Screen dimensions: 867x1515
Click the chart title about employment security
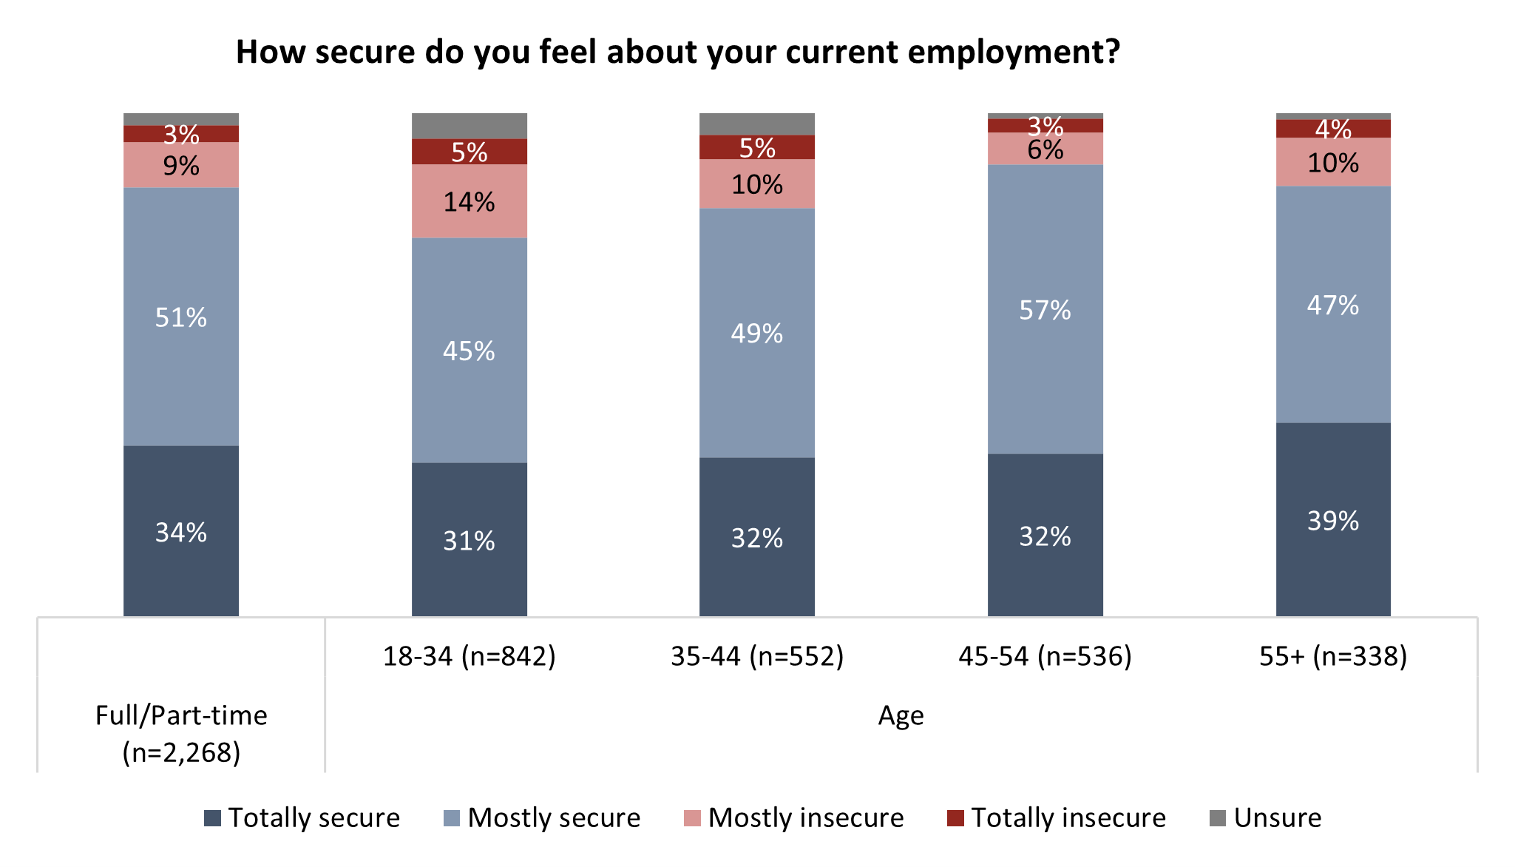point(677,53)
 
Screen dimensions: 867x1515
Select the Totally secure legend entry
point(302,817)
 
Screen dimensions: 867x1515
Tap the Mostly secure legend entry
point(542,817)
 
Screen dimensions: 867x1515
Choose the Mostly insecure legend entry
point(794,817)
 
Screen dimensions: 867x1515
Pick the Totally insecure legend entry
point(1057,817)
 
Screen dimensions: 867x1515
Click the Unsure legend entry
point(1266,817)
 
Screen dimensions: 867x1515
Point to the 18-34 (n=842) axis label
point(469,656)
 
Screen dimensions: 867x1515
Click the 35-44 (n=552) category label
point(757,656)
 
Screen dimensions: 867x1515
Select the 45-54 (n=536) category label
point(1045,656)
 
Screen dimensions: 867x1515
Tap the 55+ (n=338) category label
point(1333,656)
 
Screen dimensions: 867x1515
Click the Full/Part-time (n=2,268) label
point(181,733)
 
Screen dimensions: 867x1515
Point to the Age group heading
point(901,715)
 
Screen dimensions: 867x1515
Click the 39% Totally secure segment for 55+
point(1333,521)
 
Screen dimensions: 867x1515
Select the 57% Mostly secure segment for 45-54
point(1045,310)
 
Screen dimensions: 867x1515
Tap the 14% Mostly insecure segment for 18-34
point(469,202)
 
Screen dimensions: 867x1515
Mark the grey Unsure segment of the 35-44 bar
point(757,124)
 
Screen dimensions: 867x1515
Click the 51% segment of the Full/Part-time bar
point(181,317)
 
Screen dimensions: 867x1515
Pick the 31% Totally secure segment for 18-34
point(469,541)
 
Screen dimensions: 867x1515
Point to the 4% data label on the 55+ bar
point(1333,129)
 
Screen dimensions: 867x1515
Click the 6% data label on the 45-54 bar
point(1045,150)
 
